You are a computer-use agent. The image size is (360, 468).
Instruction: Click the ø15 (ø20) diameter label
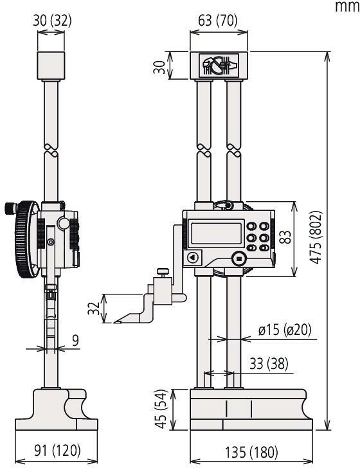[284, 330]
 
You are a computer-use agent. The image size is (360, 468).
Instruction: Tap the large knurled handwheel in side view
[24, 240]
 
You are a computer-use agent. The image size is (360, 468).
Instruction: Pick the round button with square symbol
[239, 258]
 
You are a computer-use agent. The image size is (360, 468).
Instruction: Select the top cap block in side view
[51, 66]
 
